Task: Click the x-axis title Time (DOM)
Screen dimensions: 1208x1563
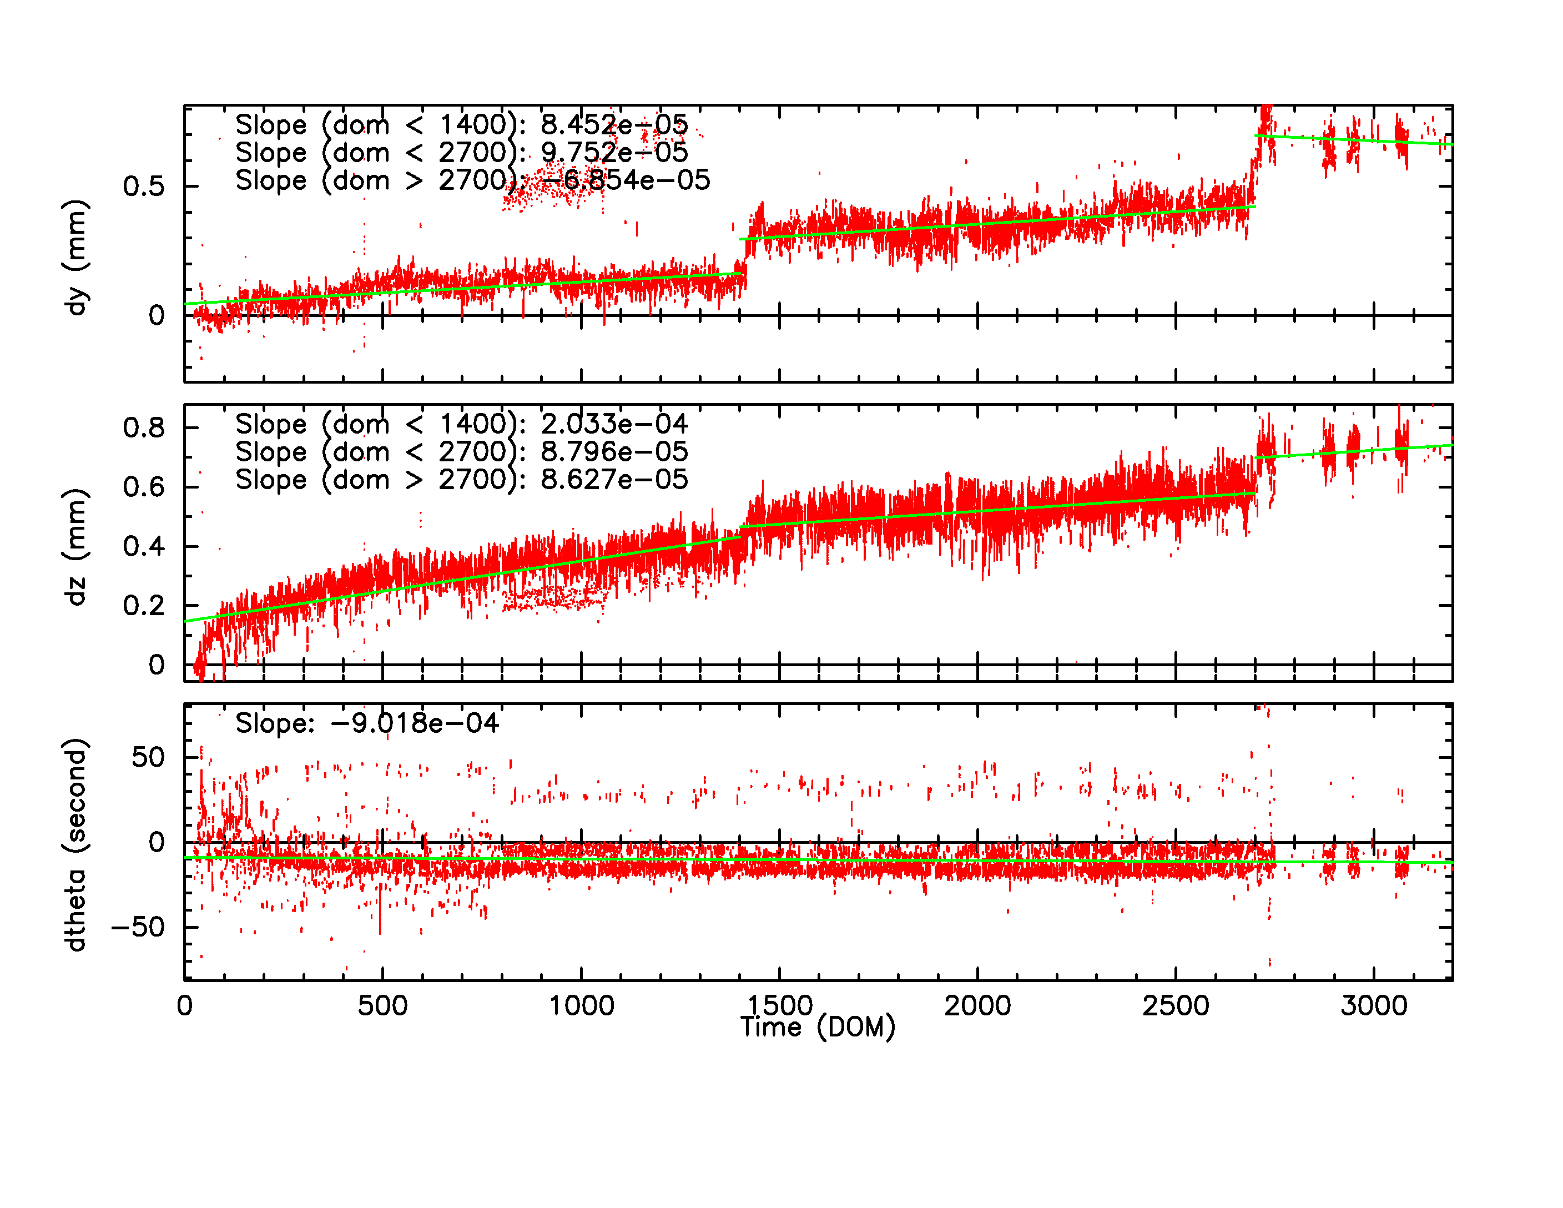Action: click(817, 1028)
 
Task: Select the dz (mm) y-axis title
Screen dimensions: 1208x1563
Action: click(75, 547)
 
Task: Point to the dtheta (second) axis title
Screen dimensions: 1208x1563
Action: click(75, 844)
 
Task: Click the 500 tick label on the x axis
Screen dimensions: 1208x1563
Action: click(382, 1005)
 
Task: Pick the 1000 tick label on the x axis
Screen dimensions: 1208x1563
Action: click(581, 1005)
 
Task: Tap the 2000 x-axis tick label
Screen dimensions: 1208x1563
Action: click(977, 1005)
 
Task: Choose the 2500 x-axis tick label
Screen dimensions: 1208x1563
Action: click(1176, 1005)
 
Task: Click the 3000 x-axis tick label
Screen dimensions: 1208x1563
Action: click(1374, 1005)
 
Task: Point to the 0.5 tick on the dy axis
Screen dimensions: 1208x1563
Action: click(144, 187)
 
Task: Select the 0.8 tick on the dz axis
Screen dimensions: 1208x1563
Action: click(144, 428)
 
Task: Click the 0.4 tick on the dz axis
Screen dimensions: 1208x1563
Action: click(144, 547)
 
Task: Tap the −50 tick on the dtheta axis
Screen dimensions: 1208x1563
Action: click(138, 928)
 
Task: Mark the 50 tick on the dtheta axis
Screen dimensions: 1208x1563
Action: click(148, 757)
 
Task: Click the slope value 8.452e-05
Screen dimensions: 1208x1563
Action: click(614, 124)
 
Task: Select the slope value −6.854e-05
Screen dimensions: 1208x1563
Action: click(626, 180)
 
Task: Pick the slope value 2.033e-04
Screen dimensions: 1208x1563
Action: click(614, 424)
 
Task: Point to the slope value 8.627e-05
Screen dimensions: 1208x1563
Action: click(614, 480)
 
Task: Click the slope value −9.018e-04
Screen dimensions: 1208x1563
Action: click(415, 723)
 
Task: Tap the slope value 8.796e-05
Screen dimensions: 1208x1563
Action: click(614, 451)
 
